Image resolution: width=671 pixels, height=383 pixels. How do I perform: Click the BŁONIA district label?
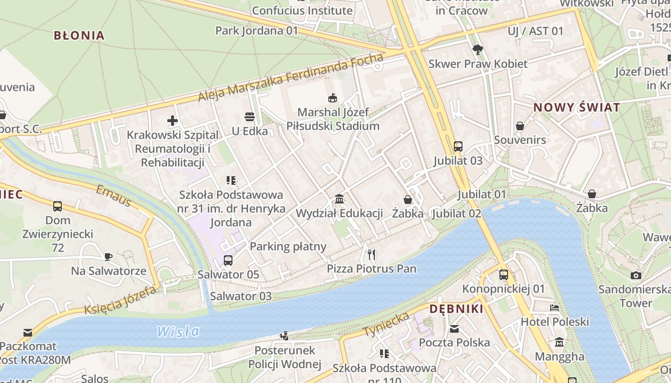[x=79, y=35]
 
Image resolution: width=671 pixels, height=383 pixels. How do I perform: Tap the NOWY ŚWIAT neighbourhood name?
[x=577, y=107]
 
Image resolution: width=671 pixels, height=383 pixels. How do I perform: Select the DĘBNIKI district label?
[x=456, y=309]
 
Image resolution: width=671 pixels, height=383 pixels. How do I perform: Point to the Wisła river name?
[x=178, y=331]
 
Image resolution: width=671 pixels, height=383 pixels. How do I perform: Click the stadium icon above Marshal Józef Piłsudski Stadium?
[x=332, y=98]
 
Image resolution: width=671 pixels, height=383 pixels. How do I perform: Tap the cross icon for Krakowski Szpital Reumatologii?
[x=173, y=121]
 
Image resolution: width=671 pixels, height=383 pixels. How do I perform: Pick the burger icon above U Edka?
[x=249, y=116]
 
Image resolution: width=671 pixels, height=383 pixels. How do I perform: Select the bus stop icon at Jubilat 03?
[x=458, y=146]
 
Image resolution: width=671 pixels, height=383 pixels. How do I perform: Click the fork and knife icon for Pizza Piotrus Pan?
[x=371, y=254]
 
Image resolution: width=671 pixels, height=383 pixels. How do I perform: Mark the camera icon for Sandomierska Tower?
[x=636, y=275]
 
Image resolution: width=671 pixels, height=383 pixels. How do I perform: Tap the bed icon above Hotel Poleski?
[x=555, y=307]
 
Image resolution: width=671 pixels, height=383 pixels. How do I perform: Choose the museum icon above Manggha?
[x=559, y=342]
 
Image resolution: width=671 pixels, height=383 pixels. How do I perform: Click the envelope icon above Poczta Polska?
[x=454, y=328]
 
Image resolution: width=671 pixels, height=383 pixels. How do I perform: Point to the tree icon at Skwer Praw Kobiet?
[x=477, y=49]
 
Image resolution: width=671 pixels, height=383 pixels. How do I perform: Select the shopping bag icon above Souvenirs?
[x=520, y=126]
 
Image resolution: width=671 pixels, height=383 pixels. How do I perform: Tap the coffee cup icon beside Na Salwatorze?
[x=108, y=257]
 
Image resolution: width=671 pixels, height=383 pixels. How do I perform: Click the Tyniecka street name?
[x=386, y=324]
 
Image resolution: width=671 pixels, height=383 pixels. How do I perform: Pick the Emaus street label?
[x=113, y=196]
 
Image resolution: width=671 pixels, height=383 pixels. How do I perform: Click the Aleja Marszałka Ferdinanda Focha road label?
[x=291, y=78]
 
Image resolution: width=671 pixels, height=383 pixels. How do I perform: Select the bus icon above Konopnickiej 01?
[x=503, y=275]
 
